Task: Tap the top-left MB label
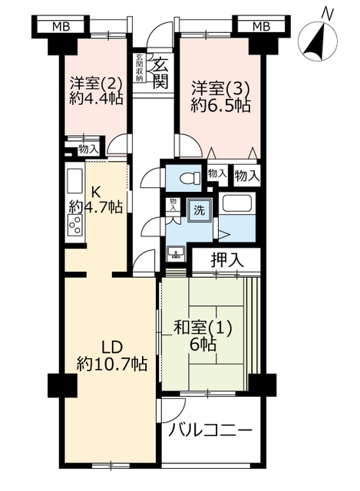coord(61,27)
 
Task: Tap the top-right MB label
coord(261,27)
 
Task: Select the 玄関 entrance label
coord(161,73)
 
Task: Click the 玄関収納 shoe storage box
coord(139,68)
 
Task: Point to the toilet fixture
coord(190,177)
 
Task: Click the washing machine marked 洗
coord(200,210)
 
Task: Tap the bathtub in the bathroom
coord(237,203)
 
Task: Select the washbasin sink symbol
coord(176,252)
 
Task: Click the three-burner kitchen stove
coord(75,225)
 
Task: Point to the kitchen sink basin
coord(75,181)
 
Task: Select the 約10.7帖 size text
coord(112,364)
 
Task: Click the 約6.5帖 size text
coord(220,106)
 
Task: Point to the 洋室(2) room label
coord(96,83)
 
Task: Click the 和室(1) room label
coord(203,328)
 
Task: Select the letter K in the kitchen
coord(94,191)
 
